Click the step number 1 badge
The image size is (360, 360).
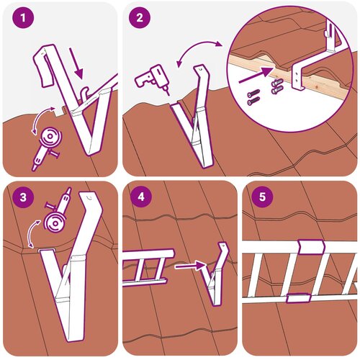[x=23, y=18]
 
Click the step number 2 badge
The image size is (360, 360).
[x=140, y=18]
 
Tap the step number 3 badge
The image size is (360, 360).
[x=23, y=197]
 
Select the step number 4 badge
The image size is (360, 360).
[x=141, y=197]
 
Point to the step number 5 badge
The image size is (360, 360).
[x=263, y=197]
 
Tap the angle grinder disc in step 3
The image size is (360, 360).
[x=55, y=222]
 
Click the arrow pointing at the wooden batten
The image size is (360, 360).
[x=256, y=76]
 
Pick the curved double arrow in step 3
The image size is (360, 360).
[x=30, y=232]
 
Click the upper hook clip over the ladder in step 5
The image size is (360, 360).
[x=311, y=246]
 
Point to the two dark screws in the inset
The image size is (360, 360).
[x=253, y=97]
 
